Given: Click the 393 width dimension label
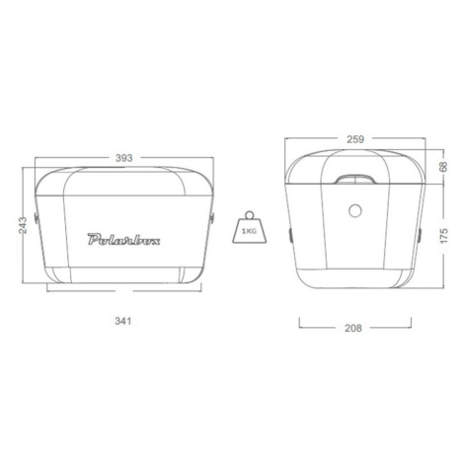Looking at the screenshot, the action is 123,158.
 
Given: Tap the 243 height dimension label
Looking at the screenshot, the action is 23,225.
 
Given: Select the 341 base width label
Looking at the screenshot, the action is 123,321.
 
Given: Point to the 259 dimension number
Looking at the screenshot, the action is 355,139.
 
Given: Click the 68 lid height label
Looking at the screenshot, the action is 443,166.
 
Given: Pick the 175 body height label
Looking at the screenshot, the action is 444,235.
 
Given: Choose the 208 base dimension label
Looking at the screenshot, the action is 353,328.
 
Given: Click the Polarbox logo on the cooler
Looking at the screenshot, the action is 123,239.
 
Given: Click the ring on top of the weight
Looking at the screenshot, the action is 250,214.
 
